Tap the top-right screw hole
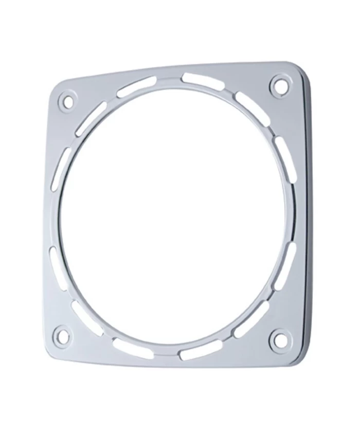coord(278,85)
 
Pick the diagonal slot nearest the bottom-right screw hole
coord(252,319)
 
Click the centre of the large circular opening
coord(172,216)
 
